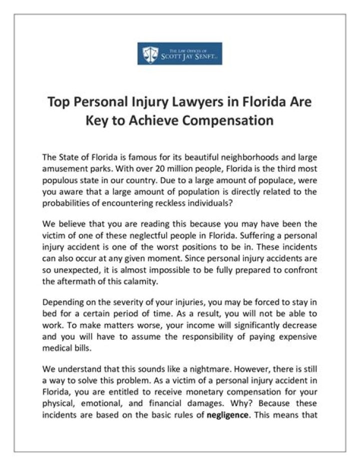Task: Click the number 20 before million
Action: pos(163,169)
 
